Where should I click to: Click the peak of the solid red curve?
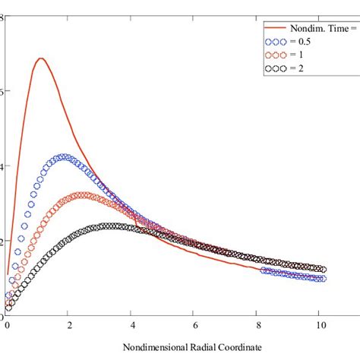click(40, 58)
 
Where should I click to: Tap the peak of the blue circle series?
click(66, 157)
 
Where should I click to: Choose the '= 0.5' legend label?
click(297, 43)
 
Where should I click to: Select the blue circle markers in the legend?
click(273, 43)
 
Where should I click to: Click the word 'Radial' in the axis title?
click(191, 348)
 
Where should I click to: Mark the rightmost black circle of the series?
click(323, 270)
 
